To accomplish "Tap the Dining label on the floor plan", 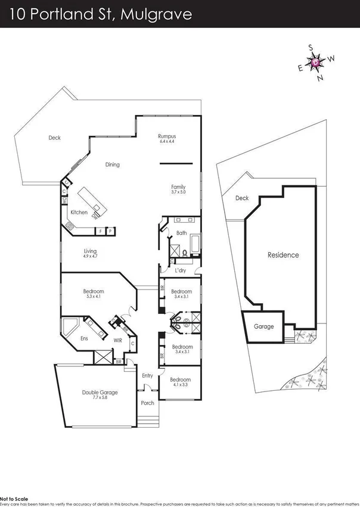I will (x=113, y=165).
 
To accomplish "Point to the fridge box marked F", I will (x=101, y=231).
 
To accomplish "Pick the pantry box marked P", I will (x=110, y=231).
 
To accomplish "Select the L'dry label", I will (x=182, y=270).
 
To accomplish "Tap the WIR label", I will (x=118, y=341).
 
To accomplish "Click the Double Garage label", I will (x=100, y=393).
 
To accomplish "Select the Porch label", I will (x=147, y=403).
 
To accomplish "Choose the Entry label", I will (x=147, y=375).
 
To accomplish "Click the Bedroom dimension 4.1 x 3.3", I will (x=180, y=385).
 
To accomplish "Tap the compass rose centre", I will (x=316, y=62).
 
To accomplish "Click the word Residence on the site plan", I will (x=283, y=255).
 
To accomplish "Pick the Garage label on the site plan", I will (x=264, y=326).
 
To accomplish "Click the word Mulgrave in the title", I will (x=156, y=14).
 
